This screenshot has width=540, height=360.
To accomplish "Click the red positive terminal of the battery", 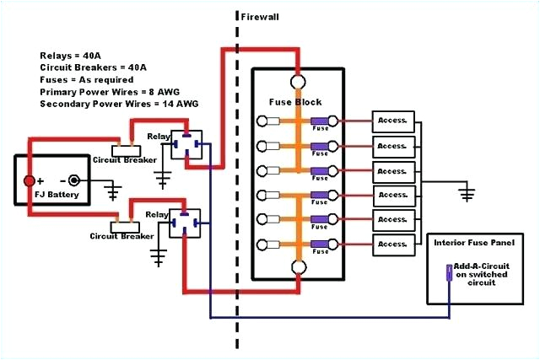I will [x=29, y=180].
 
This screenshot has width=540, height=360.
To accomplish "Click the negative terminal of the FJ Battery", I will [x=74, y=180].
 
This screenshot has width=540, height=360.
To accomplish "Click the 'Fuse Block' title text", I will [x=295, y=102].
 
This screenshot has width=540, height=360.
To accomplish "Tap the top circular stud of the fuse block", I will [x=299, y=83].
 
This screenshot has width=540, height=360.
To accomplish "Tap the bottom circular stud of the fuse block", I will [x=299, y=269].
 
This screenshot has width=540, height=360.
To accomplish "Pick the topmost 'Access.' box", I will [x=393, y=121].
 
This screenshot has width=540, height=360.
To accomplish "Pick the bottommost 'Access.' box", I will [x=393, y=244].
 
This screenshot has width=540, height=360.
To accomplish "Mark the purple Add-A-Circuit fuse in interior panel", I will [x=449, y=272].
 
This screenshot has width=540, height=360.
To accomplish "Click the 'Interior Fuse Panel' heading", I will [x=472, y=242].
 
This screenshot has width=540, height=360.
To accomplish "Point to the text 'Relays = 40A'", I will [x=71, y=56].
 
